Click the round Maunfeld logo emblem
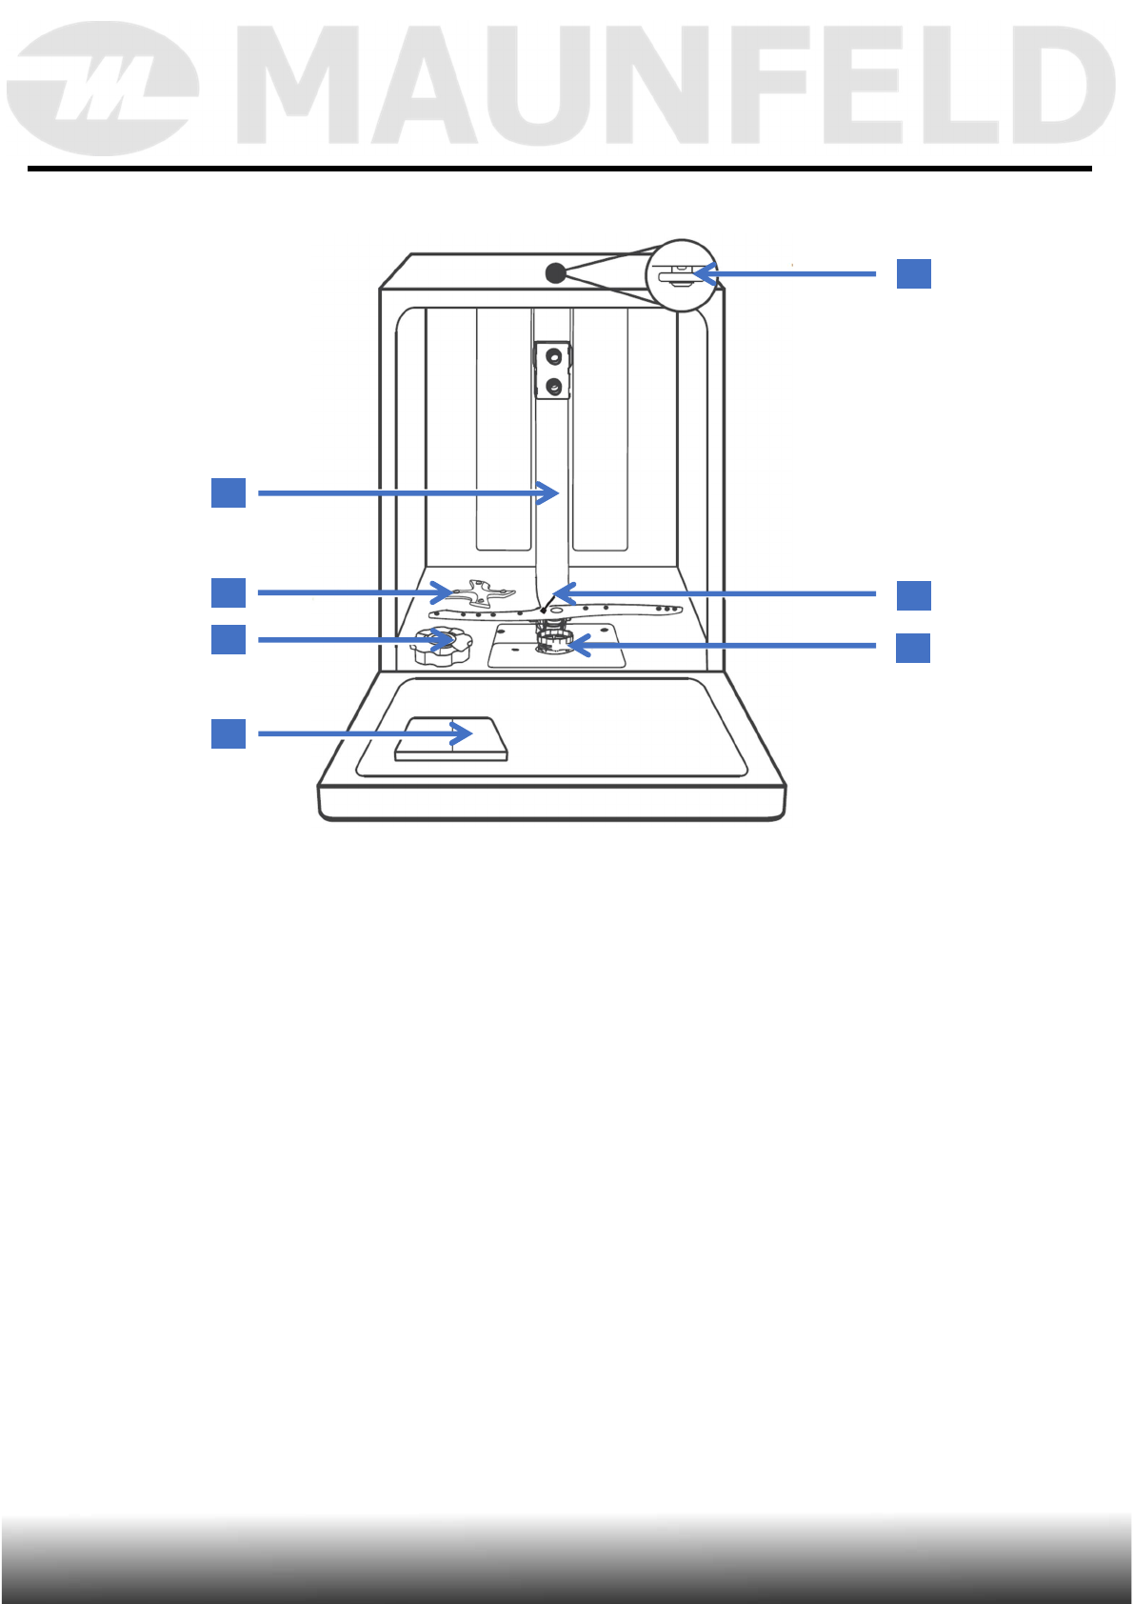coord(102,89)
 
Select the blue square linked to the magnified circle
coord(913,273)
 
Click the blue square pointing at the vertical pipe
coord(229,492)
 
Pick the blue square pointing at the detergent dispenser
coord(229,733)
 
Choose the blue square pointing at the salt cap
coord(229,638)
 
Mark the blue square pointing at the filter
coord(913,648)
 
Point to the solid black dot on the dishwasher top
coord(556,273)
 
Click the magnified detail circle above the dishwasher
coord(681,274)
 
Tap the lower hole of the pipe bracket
coord(552,386)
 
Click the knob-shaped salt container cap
coord(440,645)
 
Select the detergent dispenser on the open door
coord(451,739)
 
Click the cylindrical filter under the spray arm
coord(553,640)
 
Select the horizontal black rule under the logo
coord(560,169)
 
